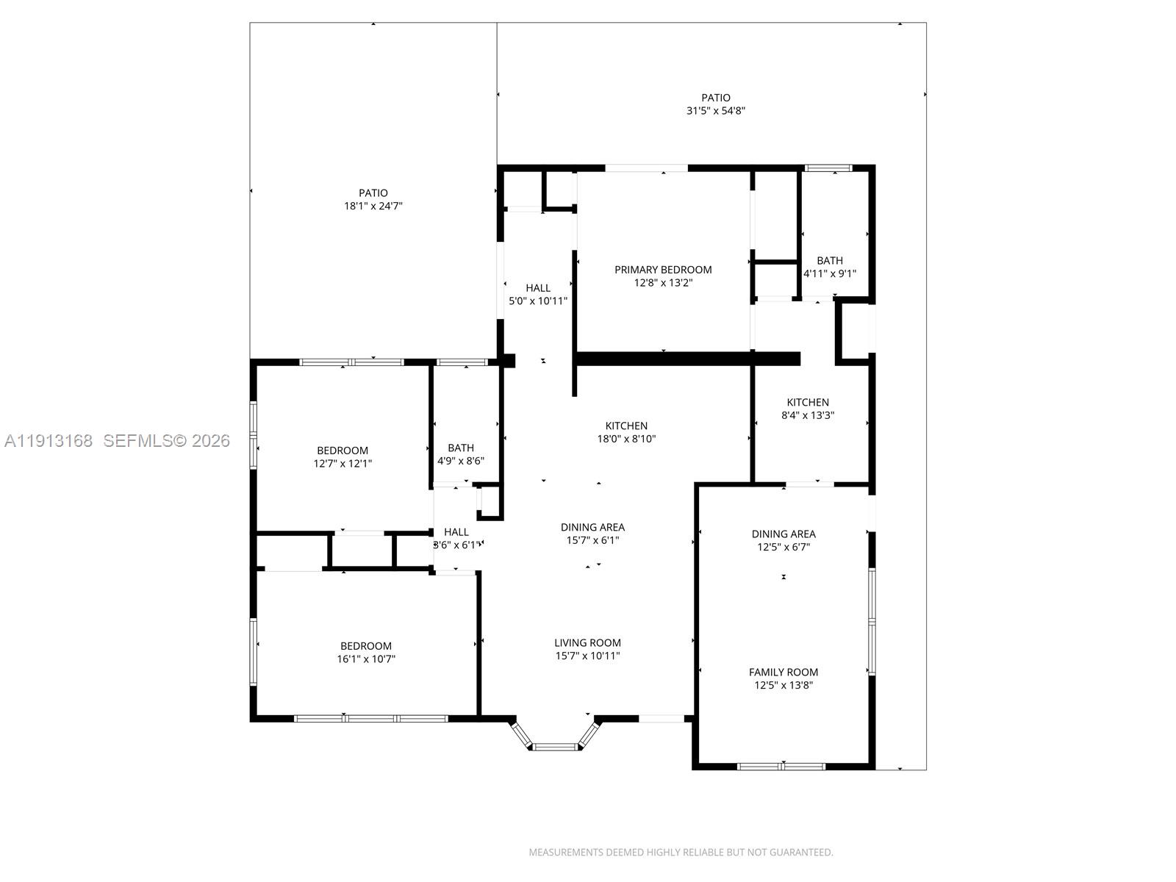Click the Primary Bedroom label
[663, 270]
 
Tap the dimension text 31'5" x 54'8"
[716, 111]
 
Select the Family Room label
[783, 672]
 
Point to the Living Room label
[587, 642]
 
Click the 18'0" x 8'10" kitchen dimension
[625, 439]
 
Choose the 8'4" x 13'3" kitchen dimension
[807, 415]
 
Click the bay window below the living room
[555, 746]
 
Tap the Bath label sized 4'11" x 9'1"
[830, 260]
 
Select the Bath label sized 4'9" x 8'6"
[461, 448]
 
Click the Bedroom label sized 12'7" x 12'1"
[343, 451]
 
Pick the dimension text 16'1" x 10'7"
[366, 659]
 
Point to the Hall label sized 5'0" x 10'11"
[538, 288]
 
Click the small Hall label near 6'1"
[456, 532]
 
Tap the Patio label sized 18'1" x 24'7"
[373, 193]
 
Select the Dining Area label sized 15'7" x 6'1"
[592, 527]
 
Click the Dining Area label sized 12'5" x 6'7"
[783, 534]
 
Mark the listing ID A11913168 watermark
[49, 441]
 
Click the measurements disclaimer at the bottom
[681, 853]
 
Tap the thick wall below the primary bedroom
[687, 359]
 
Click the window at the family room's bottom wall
[781, 767]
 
